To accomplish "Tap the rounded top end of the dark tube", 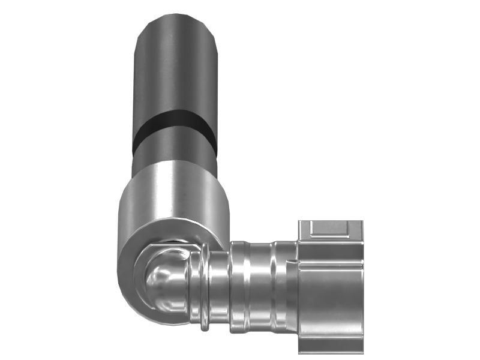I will pyautogui.click(x=174, y=21).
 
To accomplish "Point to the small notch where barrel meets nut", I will pyautogui.click(x=292, y=262).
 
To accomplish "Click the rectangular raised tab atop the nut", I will pyautogui.click(x=330, y=228).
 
